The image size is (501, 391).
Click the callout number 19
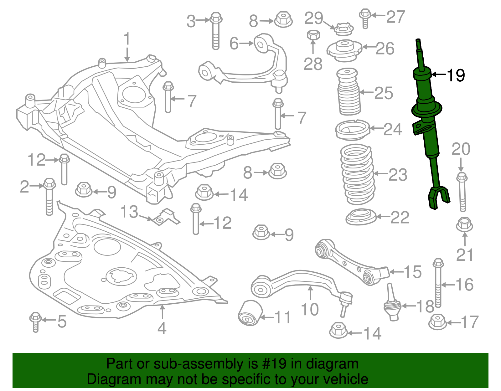(x=456, y=75)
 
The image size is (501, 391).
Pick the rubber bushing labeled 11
(x=250, y=313)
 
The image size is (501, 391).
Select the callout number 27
(x=395, y=17)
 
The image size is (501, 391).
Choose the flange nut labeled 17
(x=437, y=322)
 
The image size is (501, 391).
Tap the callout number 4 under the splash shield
(x=162, y=328)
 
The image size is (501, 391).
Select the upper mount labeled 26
(x=344, y=50)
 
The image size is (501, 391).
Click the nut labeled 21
(x=464, y=225)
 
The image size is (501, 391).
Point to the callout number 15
(x=413, y=272)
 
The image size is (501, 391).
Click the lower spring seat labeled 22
(x=361, y=217)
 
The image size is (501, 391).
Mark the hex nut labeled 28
(x=313, y=35)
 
